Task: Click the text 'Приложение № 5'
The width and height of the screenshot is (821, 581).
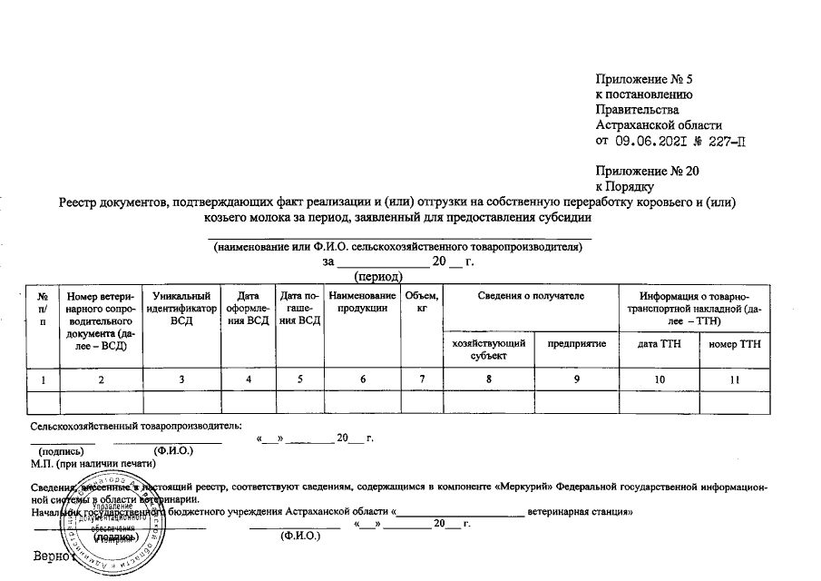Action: click(x=644, y=80)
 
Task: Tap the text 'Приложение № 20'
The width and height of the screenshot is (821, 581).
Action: click(x=647, y=170)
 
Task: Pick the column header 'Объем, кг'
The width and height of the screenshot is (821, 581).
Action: click(x=423, y=302)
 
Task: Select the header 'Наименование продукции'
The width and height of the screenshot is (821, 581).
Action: click(x=363, y=302)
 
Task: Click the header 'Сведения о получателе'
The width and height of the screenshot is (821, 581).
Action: click(x=531, y=297)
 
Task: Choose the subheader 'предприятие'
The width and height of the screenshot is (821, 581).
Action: click(x=576, y=343)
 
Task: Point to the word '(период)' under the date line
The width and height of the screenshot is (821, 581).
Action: click(x=380, y=276)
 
